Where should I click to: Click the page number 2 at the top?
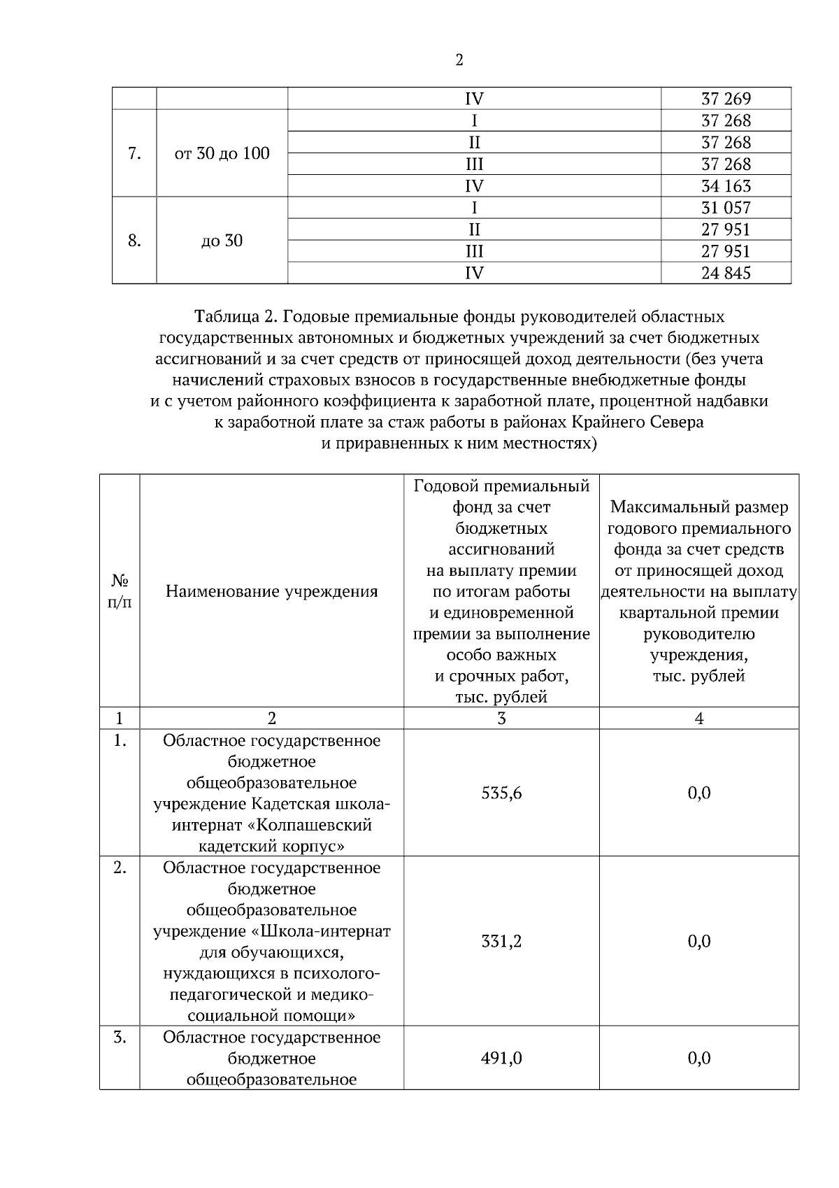click(x=459, y=60)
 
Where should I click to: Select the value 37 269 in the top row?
click(x=726, y=99)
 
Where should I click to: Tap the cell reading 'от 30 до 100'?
click(x=222, y=153)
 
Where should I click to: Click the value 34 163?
click(x=726, y=186)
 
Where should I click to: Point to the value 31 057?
click(x=726, y=208)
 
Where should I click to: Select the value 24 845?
click(x=726, y=273)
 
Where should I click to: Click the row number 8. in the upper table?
click(x=134, y=241)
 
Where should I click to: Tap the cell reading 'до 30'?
click(x=222, y=241)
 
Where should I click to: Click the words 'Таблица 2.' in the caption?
click(x=236, y=317)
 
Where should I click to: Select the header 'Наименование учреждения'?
click(x=271, y=591)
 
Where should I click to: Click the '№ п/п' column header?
click(x=120, y=591)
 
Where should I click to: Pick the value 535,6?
click(x=501, y=793)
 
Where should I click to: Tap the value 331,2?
click(x=501, y=941)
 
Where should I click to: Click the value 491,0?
click(x=501, y=1058)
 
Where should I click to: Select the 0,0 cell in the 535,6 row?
click(x=699, y=793)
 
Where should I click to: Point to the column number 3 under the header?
click(x=501, y=718)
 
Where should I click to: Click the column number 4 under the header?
click(x=699, y=718)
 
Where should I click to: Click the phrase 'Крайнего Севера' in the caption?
click(x=637, y=423)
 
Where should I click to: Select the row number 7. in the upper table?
click(x=134, y=153)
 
